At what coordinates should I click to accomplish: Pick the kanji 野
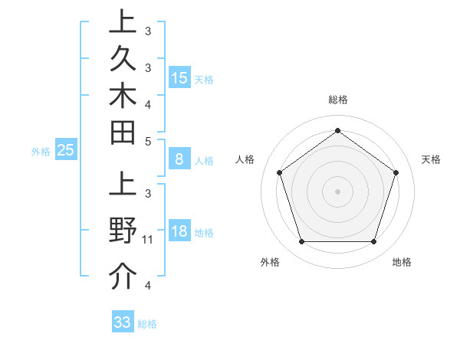coord(123,231)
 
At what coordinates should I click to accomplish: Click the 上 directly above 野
coord(123,187)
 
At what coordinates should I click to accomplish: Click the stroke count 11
coord(149,240)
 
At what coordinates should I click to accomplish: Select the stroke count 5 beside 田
coord(148,141)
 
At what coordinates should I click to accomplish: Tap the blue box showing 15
coord(179,77)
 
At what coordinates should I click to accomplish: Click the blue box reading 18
coord(179,232)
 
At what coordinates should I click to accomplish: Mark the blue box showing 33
coord(123,322)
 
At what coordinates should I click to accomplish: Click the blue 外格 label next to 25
coord(41,152)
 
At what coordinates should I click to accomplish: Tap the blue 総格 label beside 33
coord(147,324)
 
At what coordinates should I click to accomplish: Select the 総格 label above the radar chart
coord(338,100)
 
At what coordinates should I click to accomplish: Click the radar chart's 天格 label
coord(431,159)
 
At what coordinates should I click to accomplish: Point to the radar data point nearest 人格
coord(279,172)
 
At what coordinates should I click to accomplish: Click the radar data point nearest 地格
coord(373,242)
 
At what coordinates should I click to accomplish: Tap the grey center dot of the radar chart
coord(337,191)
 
